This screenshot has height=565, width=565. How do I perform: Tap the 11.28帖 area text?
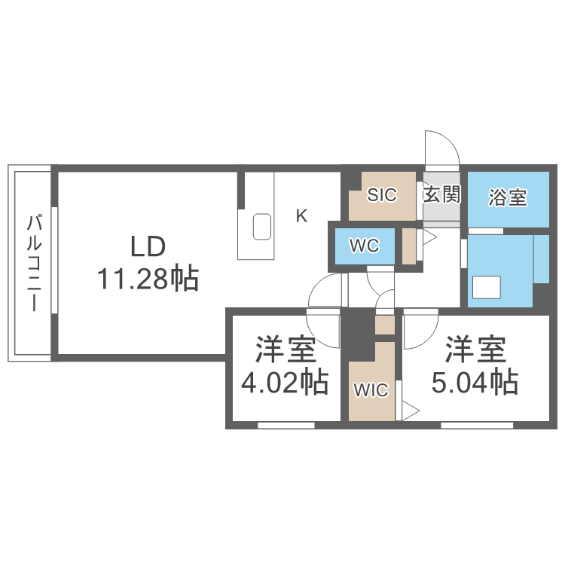pos(148,279)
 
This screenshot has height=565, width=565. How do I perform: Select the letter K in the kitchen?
pos(301,217)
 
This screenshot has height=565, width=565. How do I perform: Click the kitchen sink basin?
pos(261,226)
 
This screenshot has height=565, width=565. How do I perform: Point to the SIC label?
pos(381,195)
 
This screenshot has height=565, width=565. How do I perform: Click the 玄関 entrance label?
pos(441,195)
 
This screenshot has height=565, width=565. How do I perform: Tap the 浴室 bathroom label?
pos(508,198)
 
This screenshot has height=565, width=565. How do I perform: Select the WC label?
pos(362,246)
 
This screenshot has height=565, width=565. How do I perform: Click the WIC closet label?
pos(371,390)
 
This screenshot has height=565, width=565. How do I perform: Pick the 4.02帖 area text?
pos(285,383)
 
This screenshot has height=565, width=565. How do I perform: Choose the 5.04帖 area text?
pos(475,383)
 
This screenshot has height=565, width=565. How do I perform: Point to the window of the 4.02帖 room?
pos(286,426)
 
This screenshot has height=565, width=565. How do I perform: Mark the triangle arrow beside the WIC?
pos(410,411)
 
